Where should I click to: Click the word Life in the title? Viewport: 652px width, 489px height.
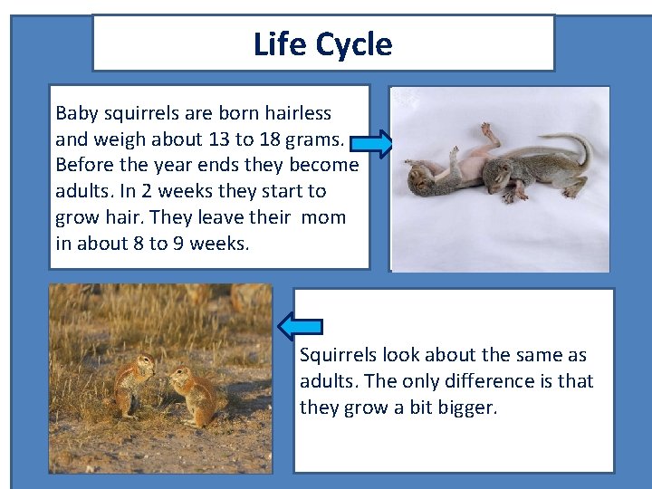[x=278, y=43]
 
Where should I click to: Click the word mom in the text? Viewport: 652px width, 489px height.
[x=323, y=217]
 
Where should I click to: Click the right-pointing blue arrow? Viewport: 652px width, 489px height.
[x=370, y=143]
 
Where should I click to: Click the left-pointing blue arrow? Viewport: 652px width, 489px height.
[x=300, y=324]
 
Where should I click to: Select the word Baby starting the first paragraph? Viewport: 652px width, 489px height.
[x=76, y=113]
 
